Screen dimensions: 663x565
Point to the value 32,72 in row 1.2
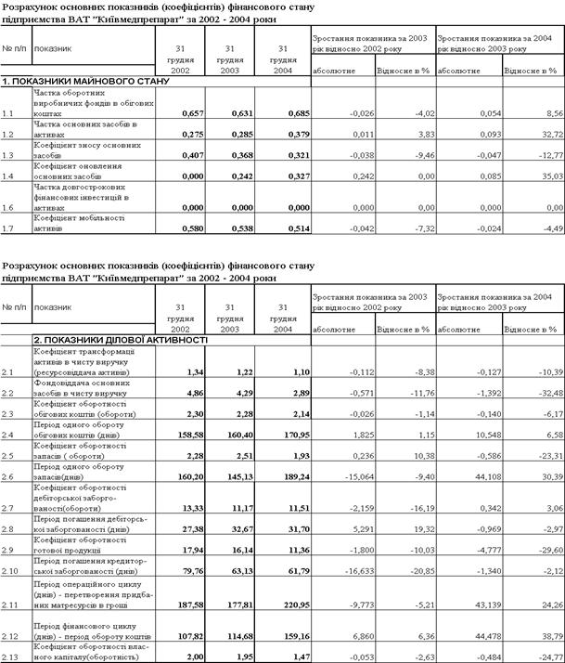tap(543, 134)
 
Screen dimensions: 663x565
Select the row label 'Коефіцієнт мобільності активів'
tap(75, 222)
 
